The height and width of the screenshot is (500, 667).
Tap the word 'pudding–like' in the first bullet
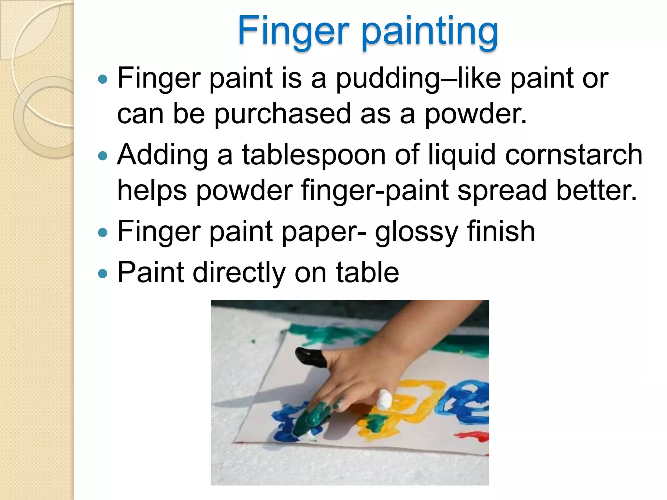418,78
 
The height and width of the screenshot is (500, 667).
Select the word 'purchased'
282,114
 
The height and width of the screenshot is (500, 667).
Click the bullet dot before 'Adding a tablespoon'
103,156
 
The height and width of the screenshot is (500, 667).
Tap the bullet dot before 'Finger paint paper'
103,232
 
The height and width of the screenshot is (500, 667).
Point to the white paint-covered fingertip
384,399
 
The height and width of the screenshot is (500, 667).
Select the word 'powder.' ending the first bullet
475,114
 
